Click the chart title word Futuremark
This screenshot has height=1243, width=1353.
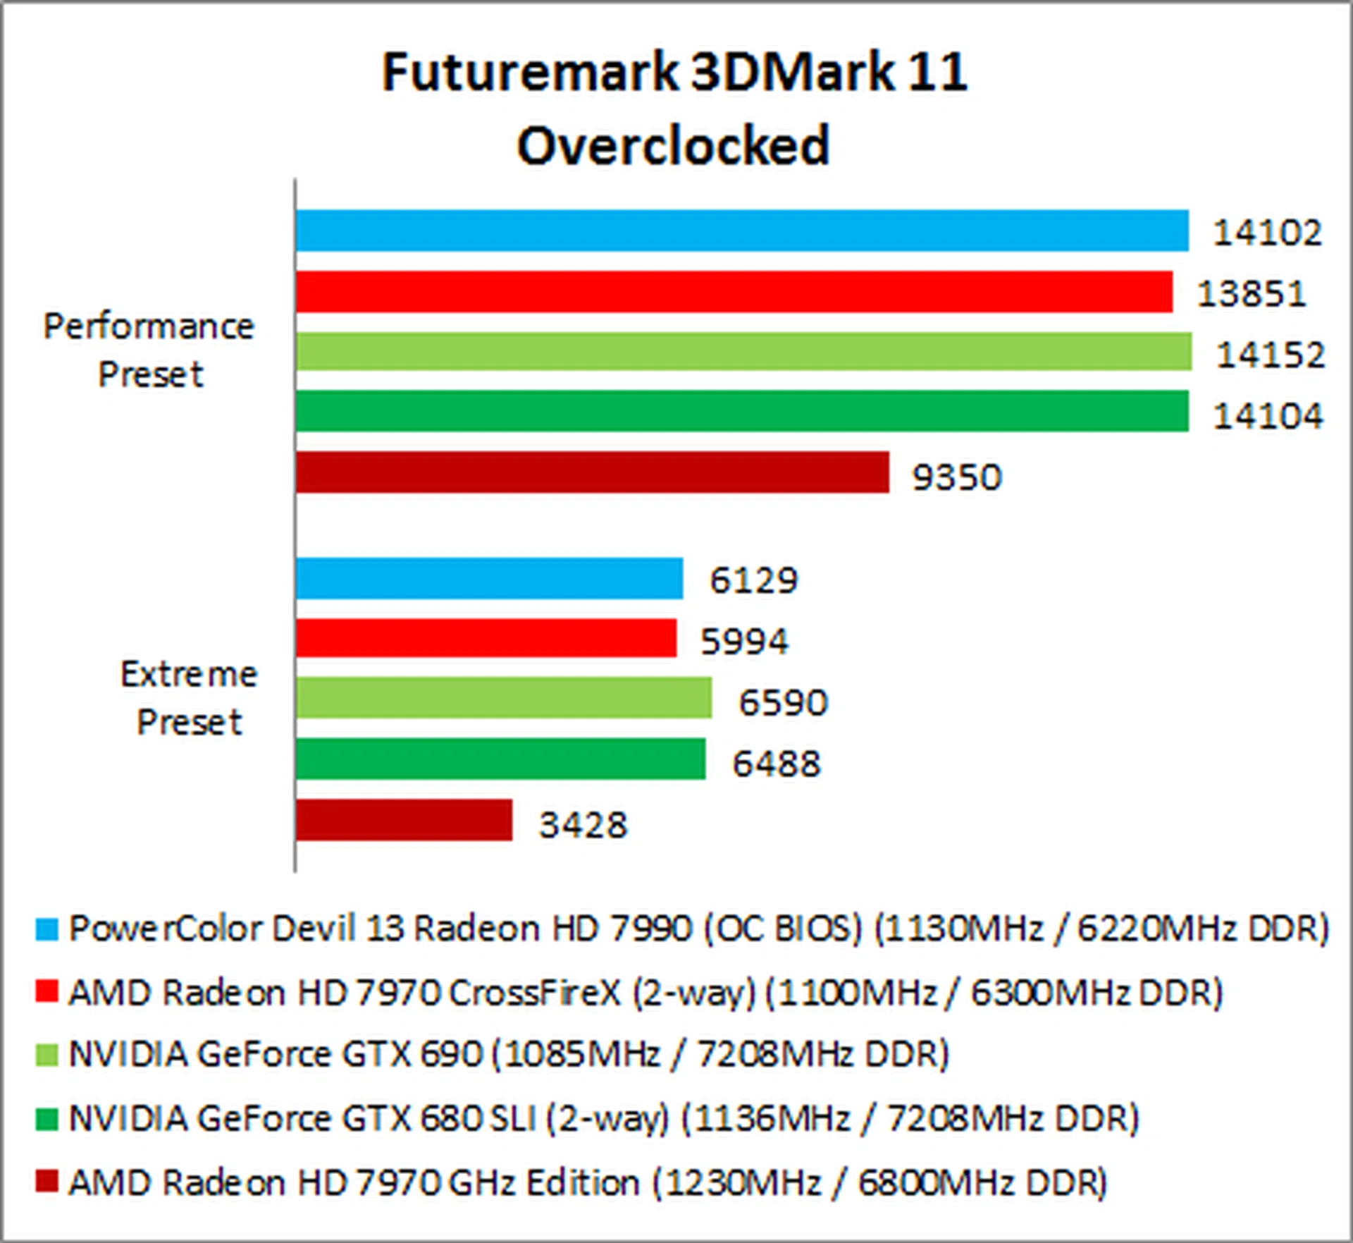529,73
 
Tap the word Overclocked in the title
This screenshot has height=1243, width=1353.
674,146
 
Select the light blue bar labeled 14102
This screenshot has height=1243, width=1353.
741,231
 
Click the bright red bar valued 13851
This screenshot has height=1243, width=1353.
734,292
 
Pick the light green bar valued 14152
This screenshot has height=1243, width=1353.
743,352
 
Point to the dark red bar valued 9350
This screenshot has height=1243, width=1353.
592,472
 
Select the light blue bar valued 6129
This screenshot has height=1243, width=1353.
489,579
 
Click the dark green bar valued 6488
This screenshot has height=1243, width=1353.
500,759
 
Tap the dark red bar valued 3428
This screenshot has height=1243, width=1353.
404,820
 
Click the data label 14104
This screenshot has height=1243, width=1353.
1268,416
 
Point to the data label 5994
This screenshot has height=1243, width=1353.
744,642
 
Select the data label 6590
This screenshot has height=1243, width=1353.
782,703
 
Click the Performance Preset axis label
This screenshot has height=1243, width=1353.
149,350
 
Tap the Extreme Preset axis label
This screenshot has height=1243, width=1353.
189,698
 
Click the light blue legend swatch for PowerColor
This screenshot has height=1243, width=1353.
47,929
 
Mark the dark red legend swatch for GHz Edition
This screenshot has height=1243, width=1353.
47,1182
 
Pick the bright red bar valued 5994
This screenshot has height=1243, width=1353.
486,638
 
